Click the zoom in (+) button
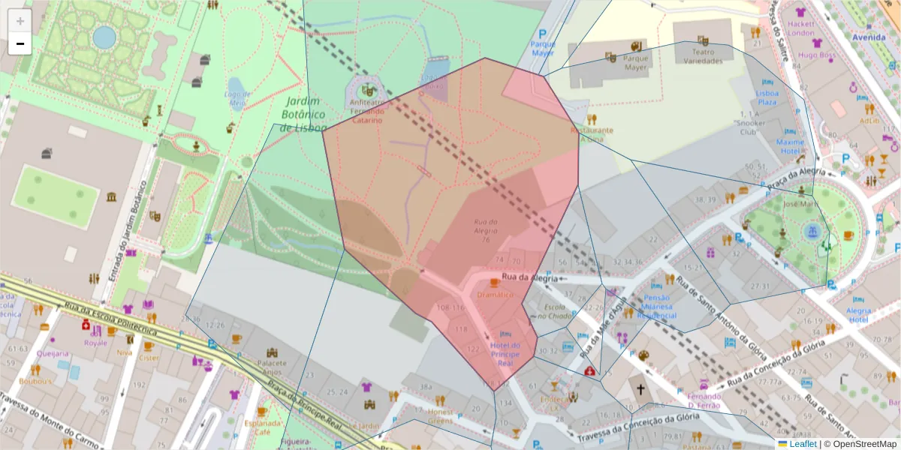coord(20,20)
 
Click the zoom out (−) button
coord(20,43)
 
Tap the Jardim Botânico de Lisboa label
coord(302,115)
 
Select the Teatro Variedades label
coord(703,56)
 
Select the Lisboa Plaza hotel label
coord(767,97)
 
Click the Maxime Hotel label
coord(790,146)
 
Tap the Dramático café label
coord(495,295)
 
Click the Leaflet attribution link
coord(802,444)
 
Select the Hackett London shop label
coord(801,28)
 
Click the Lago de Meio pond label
coord(237,98)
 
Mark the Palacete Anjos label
coord(272,367)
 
